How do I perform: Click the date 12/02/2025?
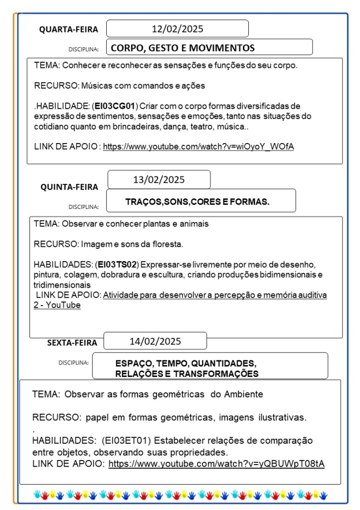coord(178,29)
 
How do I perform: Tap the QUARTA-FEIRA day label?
coord(69,30)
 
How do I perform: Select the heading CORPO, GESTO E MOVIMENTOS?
coord(182,48)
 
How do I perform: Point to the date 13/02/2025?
coord(159,180)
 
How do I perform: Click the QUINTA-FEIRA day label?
coord(69,187)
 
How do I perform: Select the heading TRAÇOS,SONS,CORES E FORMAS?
coord(197,202)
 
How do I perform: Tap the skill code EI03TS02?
coord(117,264)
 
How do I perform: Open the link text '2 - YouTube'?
coord(57,305)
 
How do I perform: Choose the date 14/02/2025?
coord(155,341)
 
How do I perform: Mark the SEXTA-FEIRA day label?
coord(72,343)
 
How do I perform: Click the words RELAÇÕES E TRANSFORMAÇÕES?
coord(186,374)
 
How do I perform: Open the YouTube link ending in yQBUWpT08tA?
coord(216,464)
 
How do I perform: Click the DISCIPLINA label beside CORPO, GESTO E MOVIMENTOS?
coord(83,50)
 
